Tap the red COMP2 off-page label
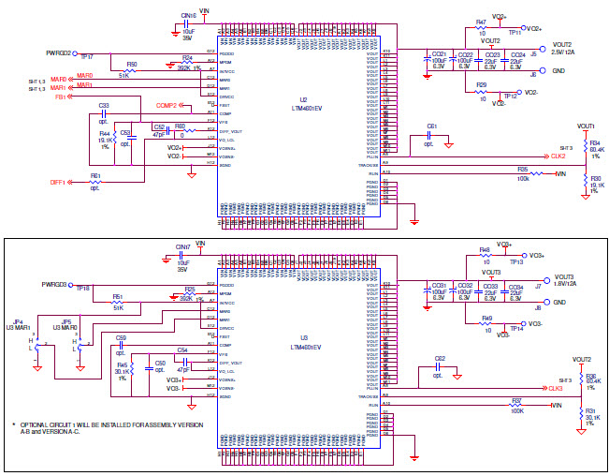click(167, 106)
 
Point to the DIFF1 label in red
click(58, 183)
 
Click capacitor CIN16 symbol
click(198, 28)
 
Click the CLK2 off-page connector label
click(555, 156)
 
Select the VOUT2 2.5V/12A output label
click(564, 50)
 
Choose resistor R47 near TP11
click(480, 28)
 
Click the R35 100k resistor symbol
click(536, 173)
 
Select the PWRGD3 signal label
click(54, 283)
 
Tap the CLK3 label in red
click(555, 387)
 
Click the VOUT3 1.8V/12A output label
click(565, 279)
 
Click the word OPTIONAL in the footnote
click(38, 424)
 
